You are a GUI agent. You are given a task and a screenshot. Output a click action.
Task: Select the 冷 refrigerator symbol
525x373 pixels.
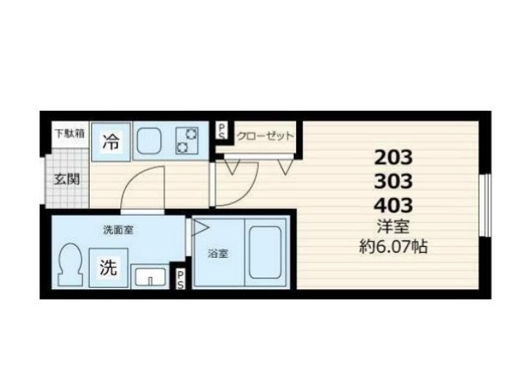click(110, 142)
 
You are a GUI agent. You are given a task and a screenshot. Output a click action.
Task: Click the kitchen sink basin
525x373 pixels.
click(149, 140)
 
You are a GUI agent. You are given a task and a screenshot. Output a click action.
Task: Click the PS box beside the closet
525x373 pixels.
click(222, 131)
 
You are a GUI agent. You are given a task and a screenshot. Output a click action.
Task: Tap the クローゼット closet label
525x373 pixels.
click(265, 136)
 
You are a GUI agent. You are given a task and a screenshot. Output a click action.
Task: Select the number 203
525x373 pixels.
click(393, 156)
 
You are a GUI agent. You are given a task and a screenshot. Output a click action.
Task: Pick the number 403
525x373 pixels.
click(393, 204)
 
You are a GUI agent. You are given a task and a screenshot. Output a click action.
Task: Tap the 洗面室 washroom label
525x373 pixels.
click(117, 229)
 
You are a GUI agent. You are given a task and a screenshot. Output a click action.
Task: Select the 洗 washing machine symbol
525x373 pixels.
click(107, 267)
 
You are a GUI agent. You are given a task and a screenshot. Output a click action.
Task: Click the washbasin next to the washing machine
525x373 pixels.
click(149, 278)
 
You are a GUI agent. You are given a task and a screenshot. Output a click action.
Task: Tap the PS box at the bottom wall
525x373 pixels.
click(179, 279)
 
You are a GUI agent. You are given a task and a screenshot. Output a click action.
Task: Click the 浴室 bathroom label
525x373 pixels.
click(217, 254)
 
